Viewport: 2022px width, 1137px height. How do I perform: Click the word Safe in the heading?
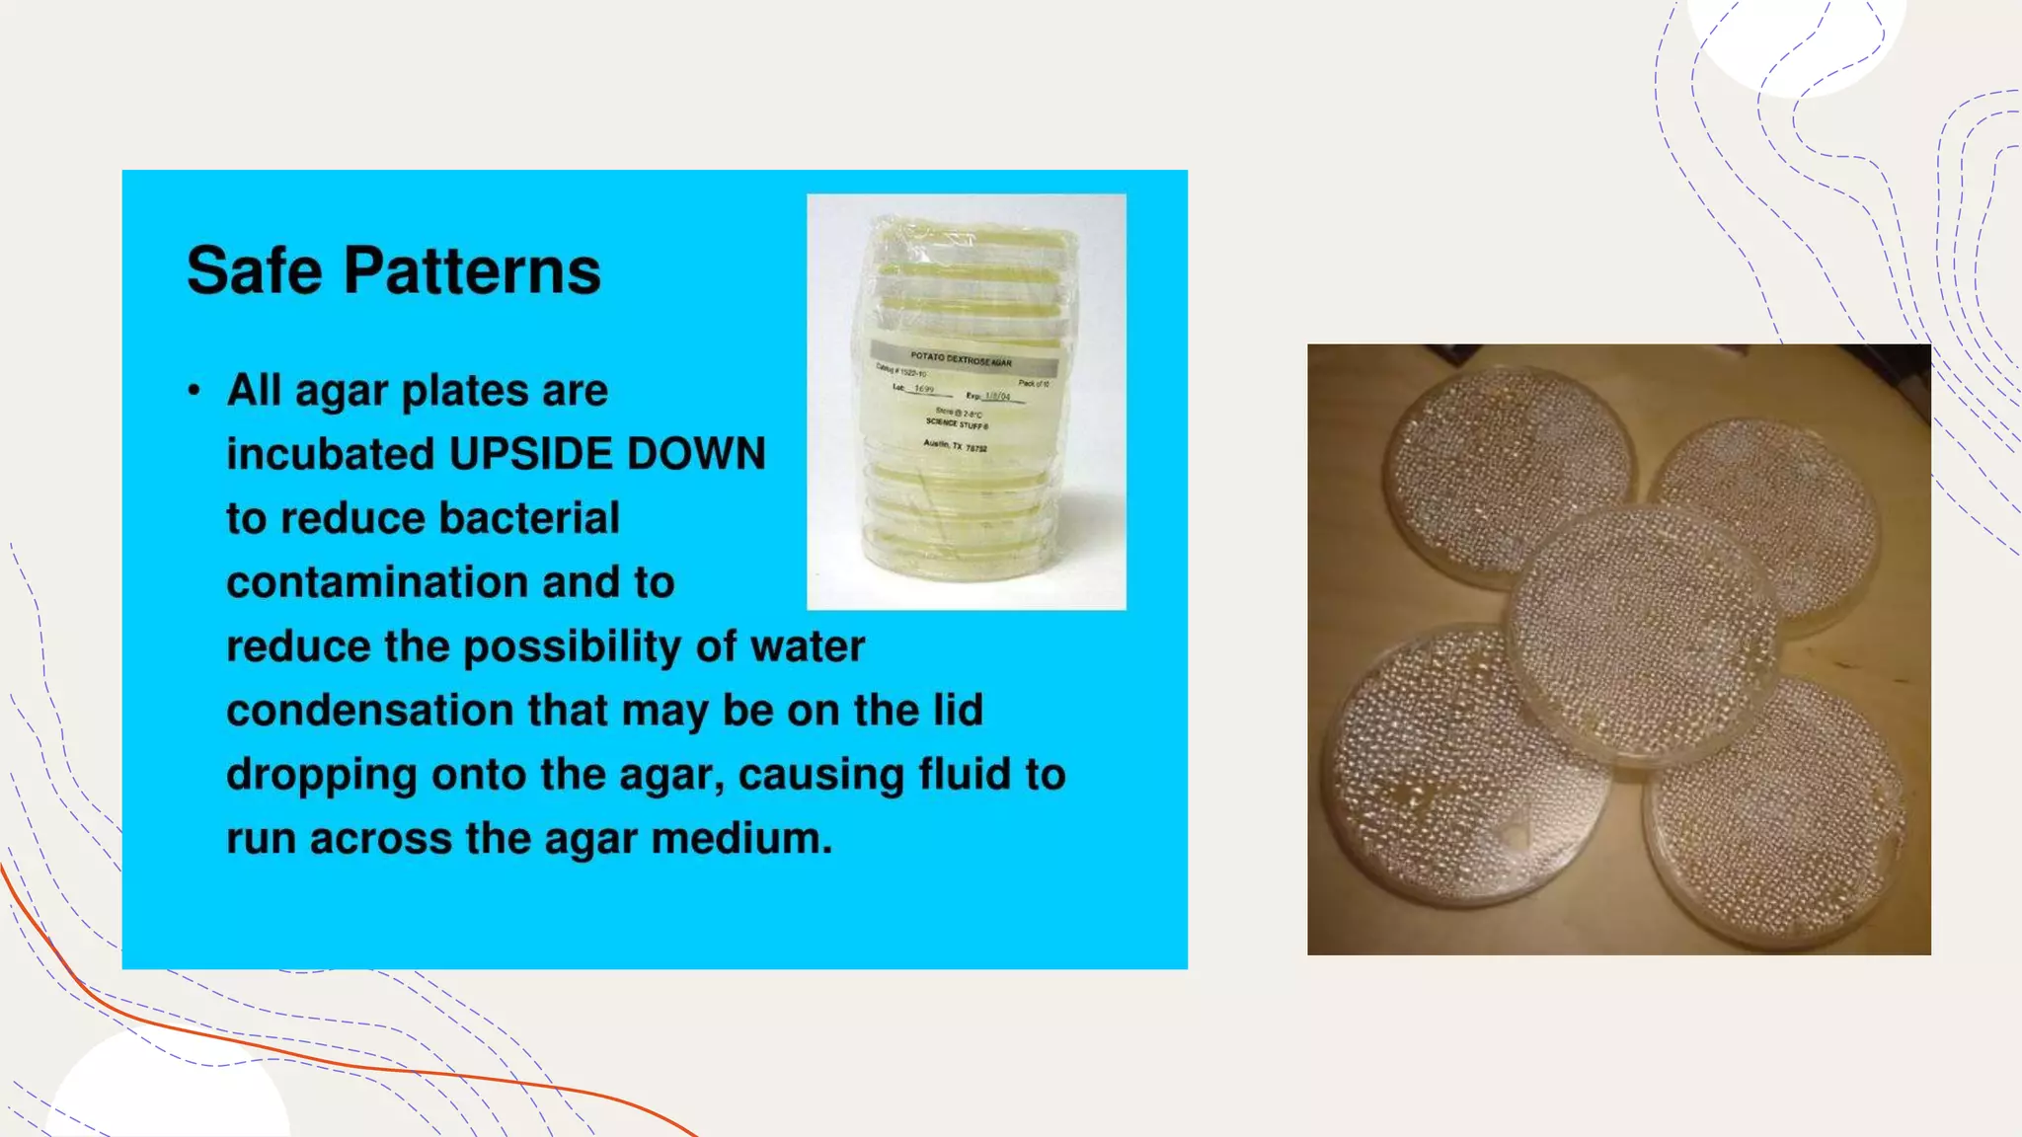[x=254, y=270]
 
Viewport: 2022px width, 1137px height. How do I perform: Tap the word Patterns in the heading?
[x=472, y=270]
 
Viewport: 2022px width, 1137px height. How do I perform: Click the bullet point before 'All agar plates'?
[x=194, y=391]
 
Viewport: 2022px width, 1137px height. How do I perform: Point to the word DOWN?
[x=696, y=454]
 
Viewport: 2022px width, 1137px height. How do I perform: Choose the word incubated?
[x=331, y=454]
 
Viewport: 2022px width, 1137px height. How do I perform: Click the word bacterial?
[x=529, y=518]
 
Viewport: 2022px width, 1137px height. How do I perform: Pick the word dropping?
[x=321, y=775]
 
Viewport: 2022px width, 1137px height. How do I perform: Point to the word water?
[x=808, y=646]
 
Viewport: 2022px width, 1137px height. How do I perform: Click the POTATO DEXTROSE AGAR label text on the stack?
[x=961, y=360]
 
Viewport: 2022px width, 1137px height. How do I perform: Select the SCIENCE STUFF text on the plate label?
[x=956, y=424]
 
